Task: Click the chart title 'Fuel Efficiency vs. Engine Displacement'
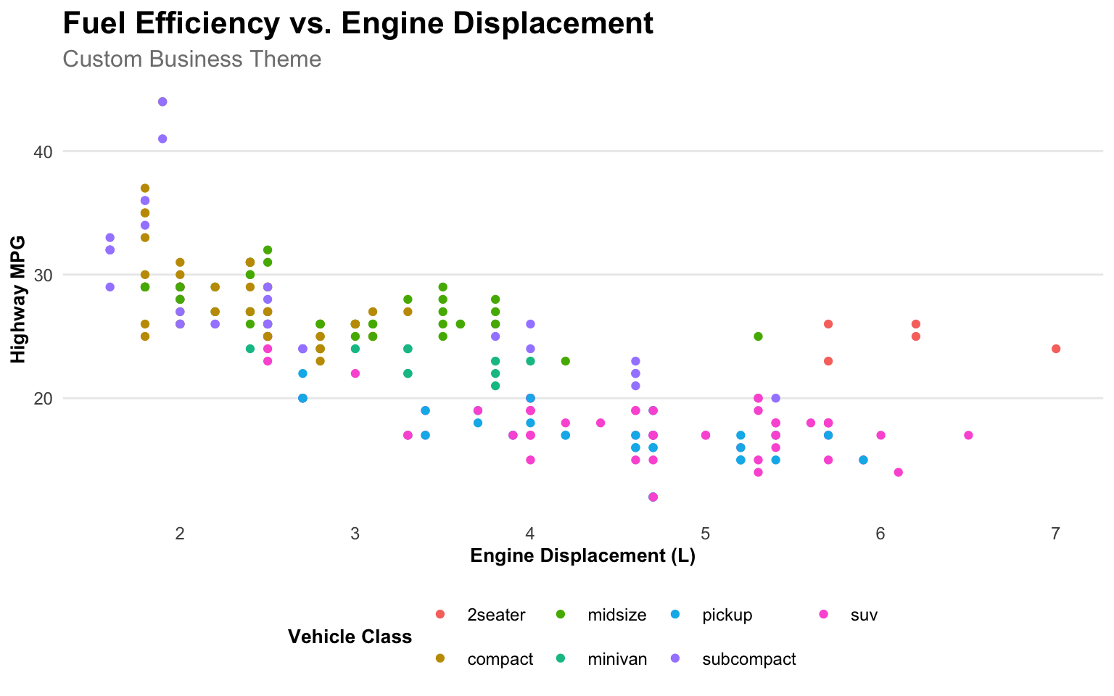(x=358, y=24)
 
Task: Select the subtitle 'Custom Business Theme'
(x=192, y=59)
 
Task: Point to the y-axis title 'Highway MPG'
(x=19, y=299)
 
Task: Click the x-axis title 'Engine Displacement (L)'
(x=582, y=556)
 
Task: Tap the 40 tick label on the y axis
(x=44, y=152)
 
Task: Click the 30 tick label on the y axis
(x=44, y=275)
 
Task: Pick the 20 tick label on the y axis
(x=44, y=398)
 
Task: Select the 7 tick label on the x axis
(x=1055, y=534)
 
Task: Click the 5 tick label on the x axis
(x=705, y=534)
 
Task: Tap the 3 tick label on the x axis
(x=355, y=534)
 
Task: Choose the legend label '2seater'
(x=496, y=616)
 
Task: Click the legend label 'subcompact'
(x=748, y=660)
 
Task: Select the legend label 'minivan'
(x=617, y=660)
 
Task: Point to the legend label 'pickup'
(x=727, y=616)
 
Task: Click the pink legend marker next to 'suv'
(x=823, y=615)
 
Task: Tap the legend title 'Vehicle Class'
(x=350, y=637)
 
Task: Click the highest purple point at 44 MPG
(x=162, y=101)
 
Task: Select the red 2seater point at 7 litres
(x=1056, y=349)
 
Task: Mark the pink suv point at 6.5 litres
(x=968, y=435)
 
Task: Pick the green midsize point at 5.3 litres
(x=758, y=336)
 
